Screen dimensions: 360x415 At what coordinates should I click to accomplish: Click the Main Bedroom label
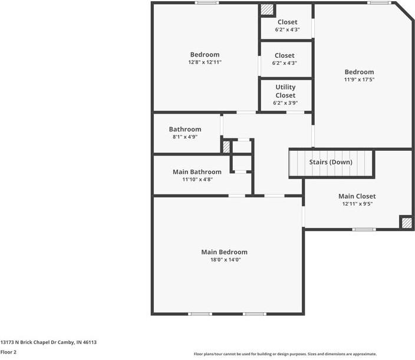coord(224,252)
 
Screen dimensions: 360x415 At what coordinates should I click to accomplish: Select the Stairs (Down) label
coord(331,162)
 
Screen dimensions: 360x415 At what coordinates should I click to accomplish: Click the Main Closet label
coord(357,196)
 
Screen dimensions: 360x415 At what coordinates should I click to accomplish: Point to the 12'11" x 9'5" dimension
coord(357,204)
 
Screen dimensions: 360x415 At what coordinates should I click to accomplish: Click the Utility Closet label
coord(285,91)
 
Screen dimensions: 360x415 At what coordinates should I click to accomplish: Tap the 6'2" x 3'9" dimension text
coord(285,103)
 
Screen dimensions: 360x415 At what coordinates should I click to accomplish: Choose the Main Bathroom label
coord(197,172)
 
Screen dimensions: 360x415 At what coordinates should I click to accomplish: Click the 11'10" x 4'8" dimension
coord(197,180)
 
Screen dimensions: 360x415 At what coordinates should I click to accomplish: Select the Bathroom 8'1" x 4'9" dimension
coord(185,137)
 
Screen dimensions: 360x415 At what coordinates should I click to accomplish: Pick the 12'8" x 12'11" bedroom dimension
coord(205,62)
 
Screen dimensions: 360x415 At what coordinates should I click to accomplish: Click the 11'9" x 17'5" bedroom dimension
coord(359,80)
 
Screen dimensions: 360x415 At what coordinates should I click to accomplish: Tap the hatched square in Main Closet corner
coord(406,223)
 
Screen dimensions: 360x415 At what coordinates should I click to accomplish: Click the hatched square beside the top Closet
coord(267,10)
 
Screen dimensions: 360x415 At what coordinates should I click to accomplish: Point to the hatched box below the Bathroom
coord(226,146)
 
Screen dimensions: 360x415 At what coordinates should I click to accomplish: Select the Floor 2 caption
coord(8,352)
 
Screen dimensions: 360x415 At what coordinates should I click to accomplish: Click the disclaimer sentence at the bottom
coord(285,354)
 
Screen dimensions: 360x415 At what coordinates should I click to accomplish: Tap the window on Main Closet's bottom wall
coord(363,229)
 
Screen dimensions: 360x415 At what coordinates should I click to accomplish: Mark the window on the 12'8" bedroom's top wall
coord(207,3)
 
